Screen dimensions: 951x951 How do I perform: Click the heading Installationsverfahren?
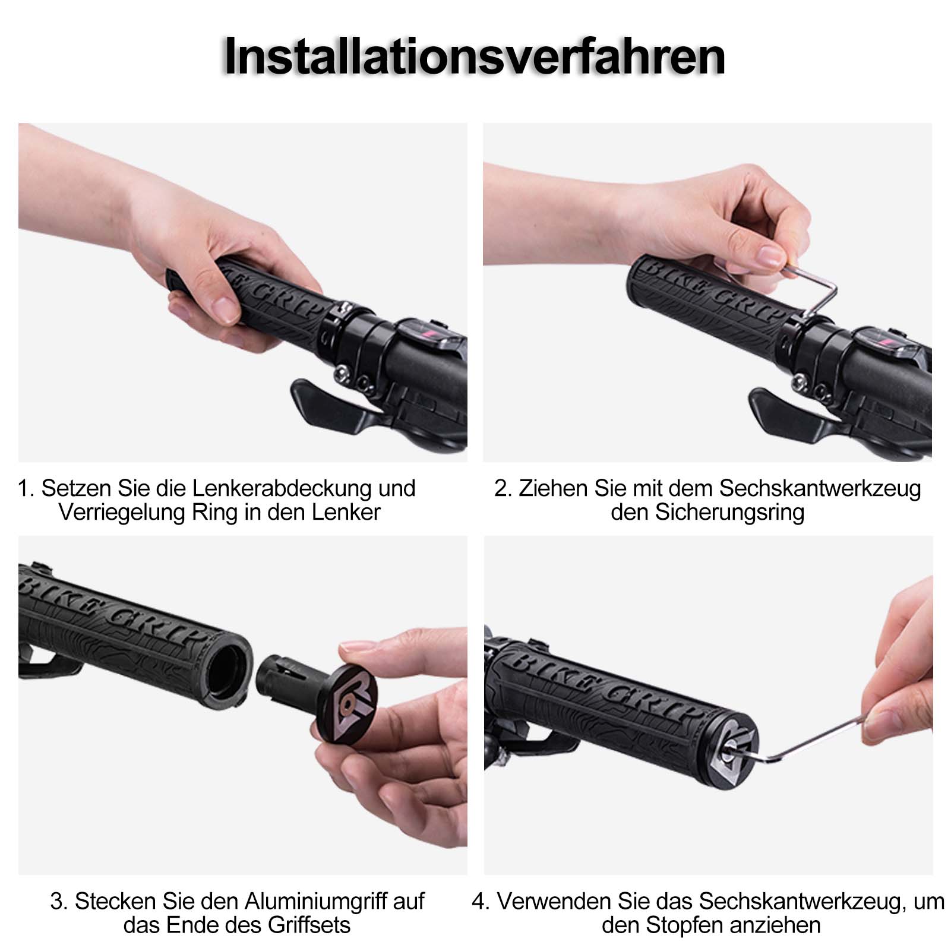click(x=475, y=56)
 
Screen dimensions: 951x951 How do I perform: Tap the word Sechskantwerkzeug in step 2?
click(x=820, y=488)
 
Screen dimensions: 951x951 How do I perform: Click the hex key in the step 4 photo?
click(x=820, y=737)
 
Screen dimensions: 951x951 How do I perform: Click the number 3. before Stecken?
click(x=59, y=901)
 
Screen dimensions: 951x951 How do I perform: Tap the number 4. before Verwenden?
click(x=481, y=901)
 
